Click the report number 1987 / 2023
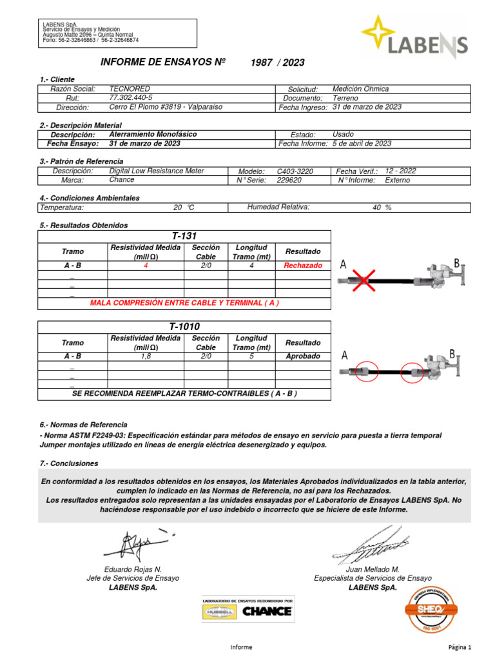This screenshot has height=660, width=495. [x=278, y=63]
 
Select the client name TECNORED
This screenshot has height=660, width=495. [x=130, y=88]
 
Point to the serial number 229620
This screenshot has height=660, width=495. [x=289, y=180]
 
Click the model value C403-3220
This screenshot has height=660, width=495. [x=295, y=171]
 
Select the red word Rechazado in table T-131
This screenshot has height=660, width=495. [x=303, y=266]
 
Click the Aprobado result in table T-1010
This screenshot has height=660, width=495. [x=303, y=356]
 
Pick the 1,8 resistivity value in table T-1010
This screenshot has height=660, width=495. [x=146, y=356]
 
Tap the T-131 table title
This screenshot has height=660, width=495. [x=184, y=237]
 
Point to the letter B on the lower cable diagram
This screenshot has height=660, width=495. [x=452, y=353]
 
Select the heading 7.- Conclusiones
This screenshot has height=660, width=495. [x=69, y=463]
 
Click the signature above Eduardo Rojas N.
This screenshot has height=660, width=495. [x=136, y=545]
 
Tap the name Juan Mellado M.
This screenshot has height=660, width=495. [x=373, y=570]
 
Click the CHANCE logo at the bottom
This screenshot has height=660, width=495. [x=267, y=611]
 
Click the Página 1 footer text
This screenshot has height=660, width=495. [x=460, y=646]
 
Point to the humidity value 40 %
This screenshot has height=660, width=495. [x=382, y=208]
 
